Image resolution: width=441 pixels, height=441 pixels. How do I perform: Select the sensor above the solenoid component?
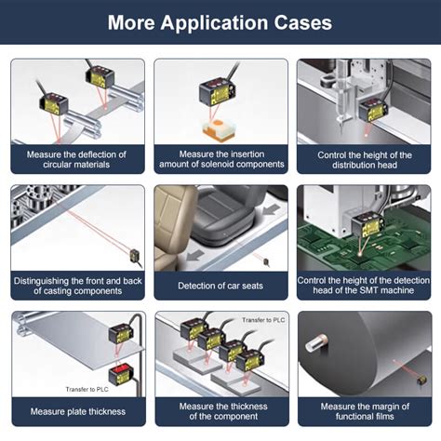pos(218,92)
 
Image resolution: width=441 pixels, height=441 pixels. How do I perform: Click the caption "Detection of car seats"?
pos(220,286)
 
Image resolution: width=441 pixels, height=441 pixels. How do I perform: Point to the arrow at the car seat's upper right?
pos(272,209)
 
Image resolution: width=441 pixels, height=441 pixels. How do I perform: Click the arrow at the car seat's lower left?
pos(195,256)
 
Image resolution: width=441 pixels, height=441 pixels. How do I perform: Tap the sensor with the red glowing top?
pos(121,374)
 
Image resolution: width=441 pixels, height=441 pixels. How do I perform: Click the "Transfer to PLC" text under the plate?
pos(87,389)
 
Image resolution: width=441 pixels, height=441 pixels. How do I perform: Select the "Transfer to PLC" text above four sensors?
pos(263,320)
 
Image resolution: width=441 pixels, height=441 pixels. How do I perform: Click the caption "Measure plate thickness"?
pos(78,411)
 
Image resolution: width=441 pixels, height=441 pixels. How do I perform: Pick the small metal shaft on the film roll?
pos(316,342)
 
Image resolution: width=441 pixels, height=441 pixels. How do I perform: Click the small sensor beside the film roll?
pos(421,380)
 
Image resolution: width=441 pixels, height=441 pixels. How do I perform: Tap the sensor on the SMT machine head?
pos(367,225)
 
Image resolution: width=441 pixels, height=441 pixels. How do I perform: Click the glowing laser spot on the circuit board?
pos(360,254)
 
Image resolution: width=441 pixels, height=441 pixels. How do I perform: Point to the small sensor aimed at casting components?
pos(136,257)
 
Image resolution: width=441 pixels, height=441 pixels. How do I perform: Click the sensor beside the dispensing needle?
pos(373,111)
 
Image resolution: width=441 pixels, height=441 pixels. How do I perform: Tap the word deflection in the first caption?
pos(100,154)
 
